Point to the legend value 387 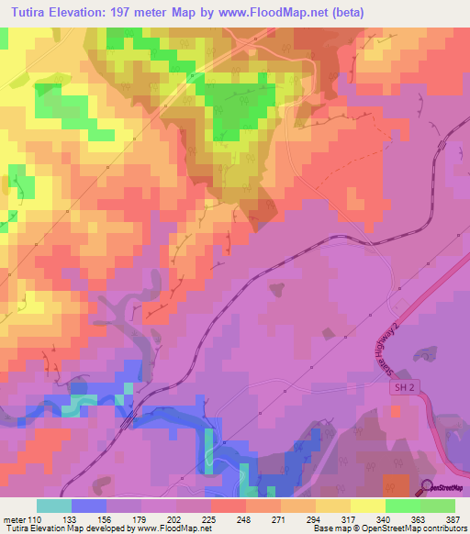click(x=452, y=518)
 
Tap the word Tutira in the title click(x=33, y=13)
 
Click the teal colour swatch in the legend click(x=54, y=506)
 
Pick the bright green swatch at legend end click(x=438, y=506)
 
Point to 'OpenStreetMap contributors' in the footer click(x=414, y=529)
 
